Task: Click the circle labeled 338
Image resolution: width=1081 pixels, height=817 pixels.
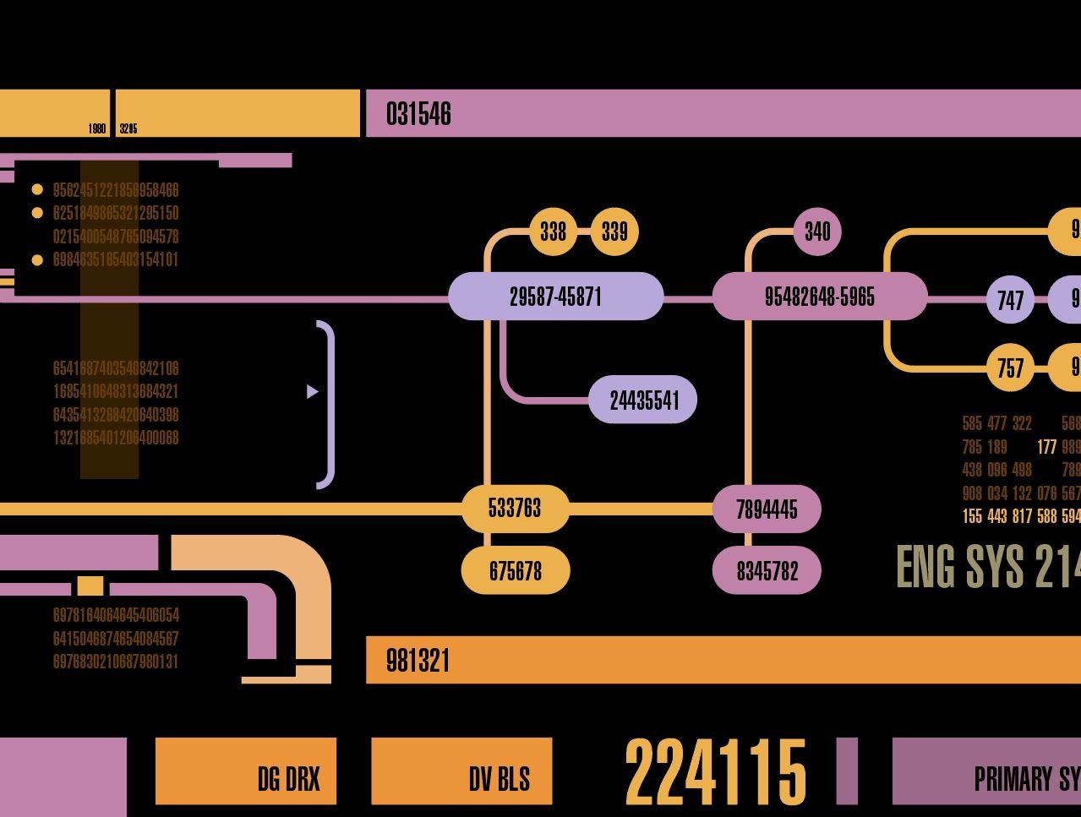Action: [x=553, y=231]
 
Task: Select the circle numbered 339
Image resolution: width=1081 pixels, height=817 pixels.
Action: [x=614, y=231]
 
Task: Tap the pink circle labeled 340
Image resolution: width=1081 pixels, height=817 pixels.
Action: [x=817, y=231]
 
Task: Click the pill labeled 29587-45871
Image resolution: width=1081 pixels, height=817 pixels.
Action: [x=555, y=297]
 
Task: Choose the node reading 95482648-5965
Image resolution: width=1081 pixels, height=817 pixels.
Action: [x=819, y=297]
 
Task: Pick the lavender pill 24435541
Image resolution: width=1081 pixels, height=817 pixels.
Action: [x=643, y=400]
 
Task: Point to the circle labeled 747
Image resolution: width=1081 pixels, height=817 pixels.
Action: [x=1010, y=300]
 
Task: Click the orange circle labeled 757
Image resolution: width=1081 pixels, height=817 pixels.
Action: [x=1010, y=368]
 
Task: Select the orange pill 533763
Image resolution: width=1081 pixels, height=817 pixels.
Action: [x=515, y=509]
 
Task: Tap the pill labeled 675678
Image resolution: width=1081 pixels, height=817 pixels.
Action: [x=515, y=571]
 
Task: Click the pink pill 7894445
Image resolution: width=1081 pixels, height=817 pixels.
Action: [x=767, y=509]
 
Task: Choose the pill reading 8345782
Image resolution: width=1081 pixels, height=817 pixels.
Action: [x=767, y=571]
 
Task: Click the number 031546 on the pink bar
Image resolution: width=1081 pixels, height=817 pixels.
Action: [x=418, y=114]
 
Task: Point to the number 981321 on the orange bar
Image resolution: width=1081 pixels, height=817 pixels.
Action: [x=418, y=661]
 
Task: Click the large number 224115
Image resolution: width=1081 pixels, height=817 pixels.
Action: [x=715, y=772]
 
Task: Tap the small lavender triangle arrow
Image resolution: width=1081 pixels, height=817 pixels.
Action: [x=312, y=392]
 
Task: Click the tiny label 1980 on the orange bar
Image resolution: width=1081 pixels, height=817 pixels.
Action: [x=97, y=129]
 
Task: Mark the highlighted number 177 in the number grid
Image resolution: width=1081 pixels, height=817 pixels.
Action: [x=1047, y=447]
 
